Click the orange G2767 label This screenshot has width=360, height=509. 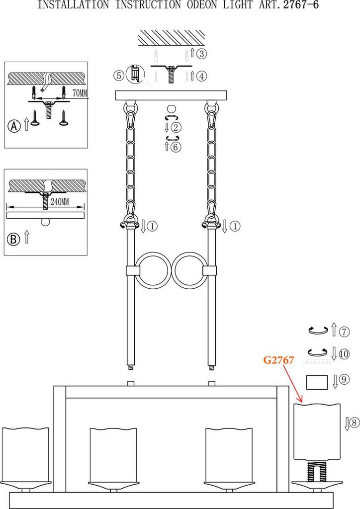pyautogui.click(x=278, y=360)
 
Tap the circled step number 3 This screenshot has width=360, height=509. pyautogui.click(x=202, y=54)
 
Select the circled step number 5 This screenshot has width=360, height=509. pyautogui.click(x=119, y=76)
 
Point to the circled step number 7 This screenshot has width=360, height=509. pyautogui.click(x=344, y=332)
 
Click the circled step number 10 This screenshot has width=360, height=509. pyautogui.click(x=344, y=353)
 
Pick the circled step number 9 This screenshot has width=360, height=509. pyautogui.click(x=345, y=379)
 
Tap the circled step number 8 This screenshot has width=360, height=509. pyautogui.click(x=355, y=423)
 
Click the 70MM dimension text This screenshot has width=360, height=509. pyautogui.click(x=80, y=93)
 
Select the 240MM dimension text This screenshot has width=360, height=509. pyautogui.click(x=60, y=202)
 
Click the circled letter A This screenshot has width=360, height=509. pyautogui.click(x=14, y=126)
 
